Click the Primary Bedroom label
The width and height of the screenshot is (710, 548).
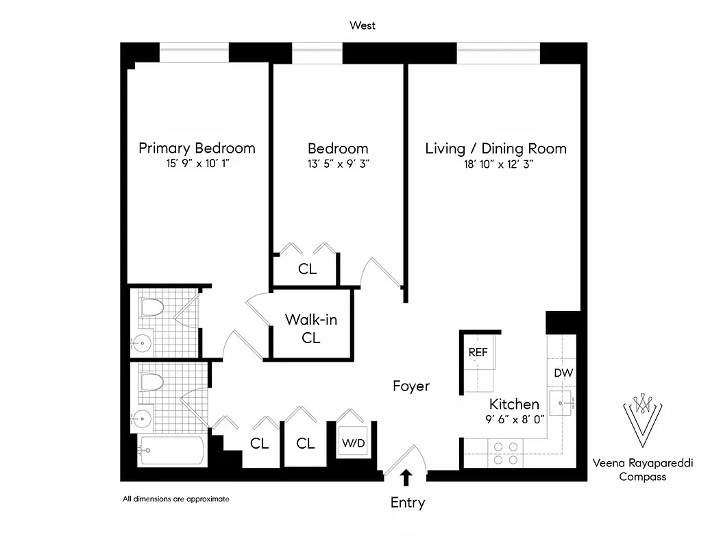[x=197, y=148]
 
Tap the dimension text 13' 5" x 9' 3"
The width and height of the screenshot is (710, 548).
[x=337, y=164]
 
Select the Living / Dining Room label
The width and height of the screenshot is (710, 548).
[x=495, y=148]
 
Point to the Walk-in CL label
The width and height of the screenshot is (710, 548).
[x=311, y=328]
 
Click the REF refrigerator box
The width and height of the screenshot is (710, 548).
[x=478, y=353]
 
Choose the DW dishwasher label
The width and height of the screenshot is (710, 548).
[x=563, y=373]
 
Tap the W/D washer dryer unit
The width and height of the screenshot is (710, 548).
[x=354, y=443]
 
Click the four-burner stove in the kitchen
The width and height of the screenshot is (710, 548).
[x=506, y=453]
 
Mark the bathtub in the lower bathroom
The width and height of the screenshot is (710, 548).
[x=171, y=451]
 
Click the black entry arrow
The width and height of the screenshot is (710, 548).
[x=406, y=476]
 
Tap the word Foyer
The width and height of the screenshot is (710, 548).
[x=411, y=386]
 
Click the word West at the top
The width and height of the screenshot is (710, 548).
[x=363, y=26]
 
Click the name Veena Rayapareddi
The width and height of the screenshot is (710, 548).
[x=643, y=463]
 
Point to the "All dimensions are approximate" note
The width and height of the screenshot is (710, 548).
[x=175, y=499]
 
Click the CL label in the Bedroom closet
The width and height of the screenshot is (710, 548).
[x=307, y=269]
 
